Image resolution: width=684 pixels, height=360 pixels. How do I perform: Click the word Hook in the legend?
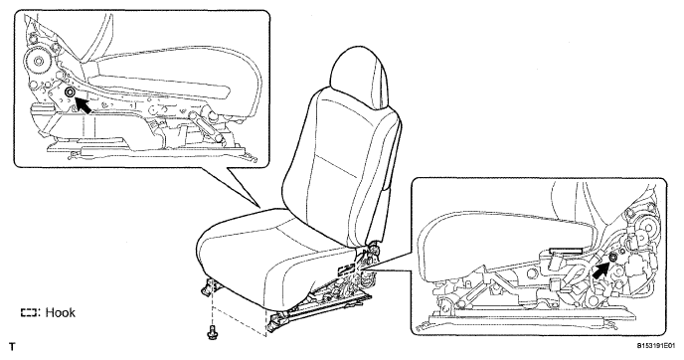tap(61, 312)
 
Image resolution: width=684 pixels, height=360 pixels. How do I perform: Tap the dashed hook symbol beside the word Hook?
tap(29, 313)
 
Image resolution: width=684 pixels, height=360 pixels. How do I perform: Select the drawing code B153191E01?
tap(659, 346)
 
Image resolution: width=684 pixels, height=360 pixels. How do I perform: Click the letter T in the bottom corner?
tap(12, 347)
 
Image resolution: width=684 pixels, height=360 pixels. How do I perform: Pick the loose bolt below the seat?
tap(212, 331)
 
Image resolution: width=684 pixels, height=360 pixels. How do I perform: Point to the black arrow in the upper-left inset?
tap(84, 105)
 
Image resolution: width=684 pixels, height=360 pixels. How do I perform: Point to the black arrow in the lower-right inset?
tap(600, 270)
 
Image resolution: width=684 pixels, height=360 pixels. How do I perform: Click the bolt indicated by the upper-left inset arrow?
tap(69, 92)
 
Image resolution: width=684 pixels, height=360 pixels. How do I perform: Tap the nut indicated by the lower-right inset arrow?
tap(612, 258)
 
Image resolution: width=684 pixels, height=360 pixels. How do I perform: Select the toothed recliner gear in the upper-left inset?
tap(36, 61)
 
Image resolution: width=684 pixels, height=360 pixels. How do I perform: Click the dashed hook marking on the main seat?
tap(346, 269)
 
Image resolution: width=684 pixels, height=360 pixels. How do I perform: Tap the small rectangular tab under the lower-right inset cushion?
tap(567, 251)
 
